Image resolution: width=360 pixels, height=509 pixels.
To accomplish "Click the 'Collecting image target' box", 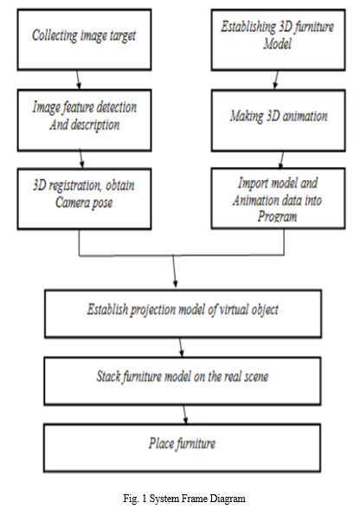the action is pyautogui.click(x=84, y=40).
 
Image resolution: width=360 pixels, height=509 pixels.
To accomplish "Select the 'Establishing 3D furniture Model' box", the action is pyautogui.click(x=278, y=40).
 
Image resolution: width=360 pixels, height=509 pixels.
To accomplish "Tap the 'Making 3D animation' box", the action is pyautogui.click(x=278, y=120).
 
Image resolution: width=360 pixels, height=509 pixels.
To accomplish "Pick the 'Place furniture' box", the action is pyautogui.click(x=182, y=448).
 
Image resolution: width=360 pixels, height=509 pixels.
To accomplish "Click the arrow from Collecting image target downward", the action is pyautogui.click(x=78, y=80).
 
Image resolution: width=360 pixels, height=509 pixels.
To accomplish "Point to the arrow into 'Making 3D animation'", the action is pyautogui.click(x=276, y=80).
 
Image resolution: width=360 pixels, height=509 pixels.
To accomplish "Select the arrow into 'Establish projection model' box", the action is pyautogui.click(x=174, y=271).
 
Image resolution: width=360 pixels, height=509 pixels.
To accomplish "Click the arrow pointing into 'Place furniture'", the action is pyautogui.click(x=184, y=415).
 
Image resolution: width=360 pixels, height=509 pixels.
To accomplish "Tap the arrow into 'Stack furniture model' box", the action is pyautogui.click(x=181, y=347).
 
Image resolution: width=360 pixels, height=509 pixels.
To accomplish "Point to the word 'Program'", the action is pyautogui.click(x=277, y=216).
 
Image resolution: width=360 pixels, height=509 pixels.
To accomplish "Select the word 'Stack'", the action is pyautogui.click(x=108, y=377).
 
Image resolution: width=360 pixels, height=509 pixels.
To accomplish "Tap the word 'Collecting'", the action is pyautogui.click(x=55, y=35).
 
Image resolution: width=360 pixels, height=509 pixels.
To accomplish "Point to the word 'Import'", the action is pyautogui.click(x=253, y=184).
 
